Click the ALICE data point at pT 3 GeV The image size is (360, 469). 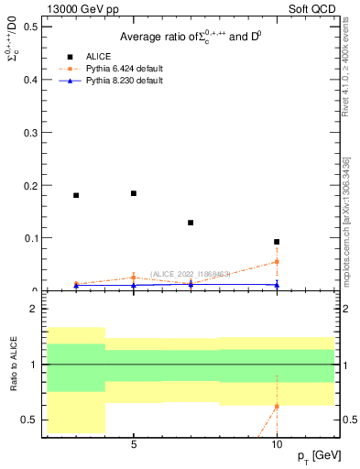click(76, 195)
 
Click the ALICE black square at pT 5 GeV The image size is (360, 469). click(134, 193)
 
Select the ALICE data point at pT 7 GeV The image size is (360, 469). click(191, 223)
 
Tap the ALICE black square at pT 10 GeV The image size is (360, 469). click(277, 242)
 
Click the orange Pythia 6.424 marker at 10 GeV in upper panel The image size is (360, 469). click(277, 262)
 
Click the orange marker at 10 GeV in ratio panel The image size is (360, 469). click(277, 406)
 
